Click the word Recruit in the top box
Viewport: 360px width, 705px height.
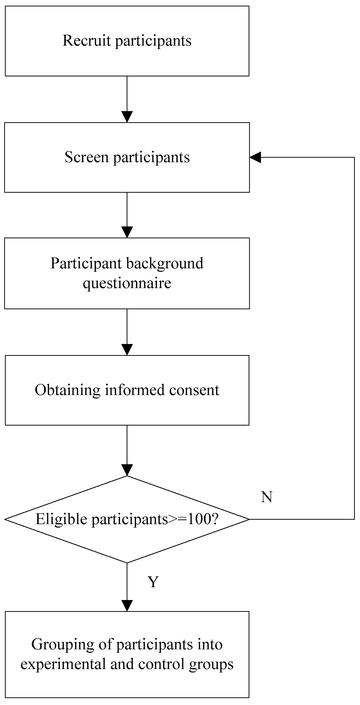click(86, 40)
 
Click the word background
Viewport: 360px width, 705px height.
click(165, 264)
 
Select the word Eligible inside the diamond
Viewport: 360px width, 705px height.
click(61, 519)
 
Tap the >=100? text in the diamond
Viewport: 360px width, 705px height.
click(193, 519)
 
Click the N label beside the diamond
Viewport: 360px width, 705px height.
click(266, 497)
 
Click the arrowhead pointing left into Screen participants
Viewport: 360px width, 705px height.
click(255, 157)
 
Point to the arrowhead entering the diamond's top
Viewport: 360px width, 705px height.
click(127, 470)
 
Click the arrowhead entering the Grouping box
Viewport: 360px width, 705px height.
click(127, 606)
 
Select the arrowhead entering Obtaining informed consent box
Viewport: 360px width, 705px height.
click(127, 349)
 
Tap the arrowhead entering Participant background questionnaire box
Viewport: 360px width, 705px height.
click(127, 232)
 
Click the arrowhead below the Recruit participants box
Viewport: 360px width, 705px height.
click(127, 117)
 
